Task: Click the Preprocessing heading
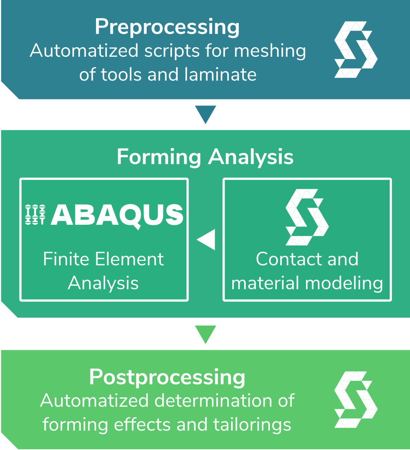tap(167, 28)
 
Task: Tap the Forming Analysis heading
tap(205, 158)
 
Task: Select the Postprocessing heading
tap(167, 377)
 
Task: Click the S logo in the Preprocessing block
tap(356, 49)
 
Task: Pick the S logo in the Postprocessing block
tap(356, 399)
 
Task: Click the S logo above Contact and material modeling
tap(307, 217)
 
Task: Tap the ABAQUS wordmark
tap(117, 215)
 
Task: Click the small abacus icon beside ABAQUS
tap(35, 214)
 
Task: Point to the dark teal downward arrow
tap(205, 114)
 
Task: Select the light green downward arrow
tap(205, 334)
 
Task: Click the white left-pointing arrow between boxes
tap(206, 239)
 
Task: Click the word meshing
tap(270, 51)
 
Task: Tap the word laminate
tap(220, 74)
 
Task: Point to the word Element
tap(129, 259)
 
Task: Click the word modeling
tap(344, 284)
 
